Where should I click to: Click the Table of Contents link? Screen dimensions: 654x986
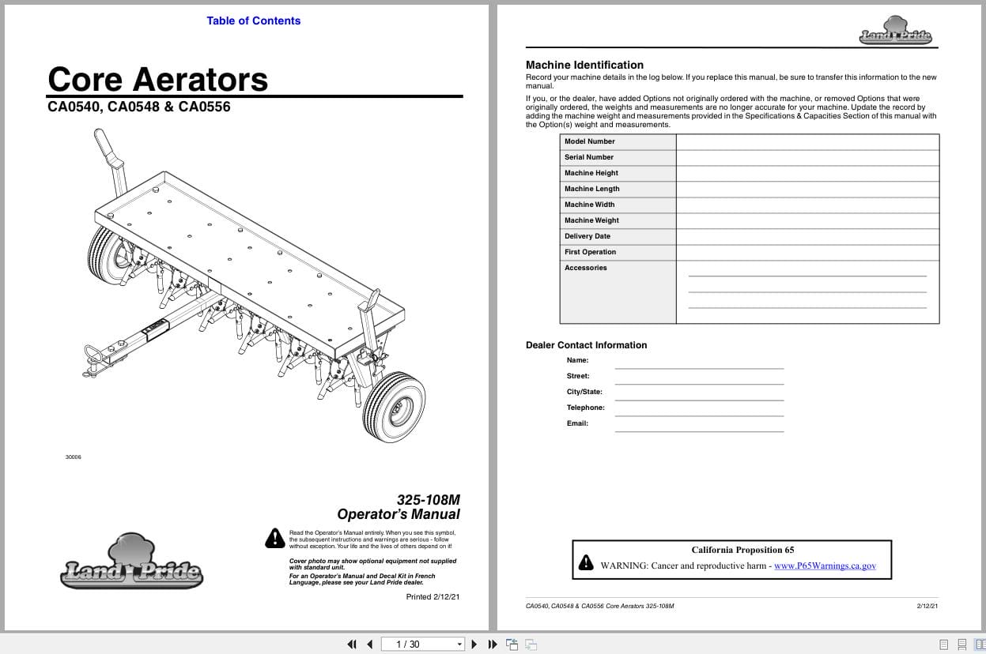(x=253, y=21)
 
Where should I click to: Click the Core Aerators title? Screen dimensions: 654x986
(x=158, y=79)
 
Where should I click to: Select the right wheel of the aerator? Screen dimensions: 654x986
(x=394, y=407)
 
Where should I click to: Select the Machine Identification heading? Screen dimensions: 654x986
(x=584, y=65)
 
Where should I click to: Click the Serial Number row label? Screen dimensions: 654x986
(x=589, y=157)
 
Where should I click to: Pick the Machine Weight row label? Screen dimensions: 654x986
(x=591, y=220)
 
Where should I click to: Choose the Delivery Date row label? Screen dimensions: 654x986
(x=587, y=236)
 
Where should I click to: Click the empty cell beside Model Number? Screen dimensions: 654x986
(x=807, y=141)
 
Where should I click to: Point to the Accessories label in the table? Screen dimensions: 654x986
(x=586, y=268)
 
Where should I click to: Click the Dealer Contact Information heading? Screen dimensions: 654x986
(x=586, y=345)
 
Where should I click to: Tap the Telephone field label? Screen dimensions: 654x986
(x=585, y=408)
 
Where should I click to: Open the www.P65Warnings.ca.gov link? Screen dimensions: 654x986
(x=825, y=566)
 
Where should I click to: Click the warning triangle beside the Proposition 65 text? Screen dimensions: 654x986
(x=586, y=563)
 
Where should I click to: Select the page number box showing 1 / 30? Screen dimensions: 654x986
(x=423, y=644)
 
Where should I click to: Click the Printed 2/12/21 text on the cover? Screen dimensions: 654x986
(x=433, y=597)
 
